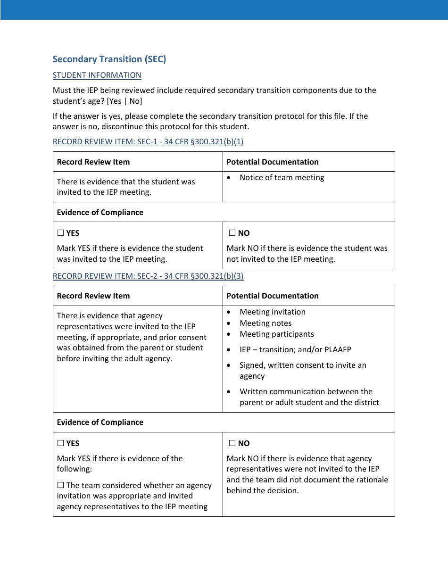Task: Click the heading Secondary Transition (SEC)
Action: click(109, 59)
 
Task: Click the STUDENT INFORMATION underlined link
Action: click(97, 75)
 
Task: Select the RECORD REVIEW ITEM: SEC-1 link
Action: click(148, 141)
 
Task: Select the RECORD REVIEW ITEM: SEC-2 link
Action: click(148, 276)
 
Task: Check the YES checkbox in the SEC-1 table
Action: click(60, 233)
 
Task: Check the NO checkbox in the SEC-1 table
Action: click(232, 233)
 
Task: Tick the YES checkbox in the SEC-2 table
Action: click(60, 443)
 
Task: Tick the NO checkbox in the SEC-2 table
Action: click(232, 443)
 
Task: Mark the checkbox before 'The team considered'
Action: click(60, 485)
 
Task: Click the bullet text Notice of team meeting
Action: click(282, 177)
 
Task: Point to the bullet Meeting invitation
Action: click(272, 312)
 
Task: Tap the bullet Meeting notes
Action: click(265, 323)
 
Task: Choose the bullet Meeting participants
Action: click(276, 334)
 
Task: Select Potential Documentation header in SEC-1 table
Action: click(272, 162)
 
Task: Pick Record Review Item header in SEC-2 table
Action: click(93, 296)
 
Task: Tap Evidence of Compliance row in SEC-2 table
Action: click(100, 422)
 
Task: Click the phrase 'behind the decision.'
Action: click(262, 490)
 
